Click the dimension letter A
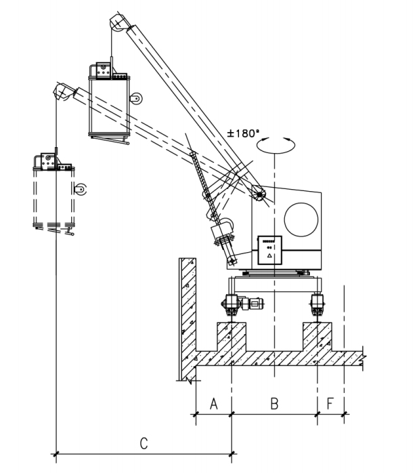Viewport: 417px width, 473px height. pyautogui.click(x=214, y=404)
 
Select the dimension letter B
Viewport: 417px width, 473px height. pyautogui.click(x=274, y=404)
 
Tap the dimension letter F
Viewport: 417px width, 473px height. pyautogui.click(x=330, y=404)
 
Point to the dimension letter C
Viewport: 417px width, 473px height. pyautogui.click(x=144, y=443)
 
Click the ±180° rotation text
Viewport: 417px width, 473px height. pyautogui.click(x=243, y=133)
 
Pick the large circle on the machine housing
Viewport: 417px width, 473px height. pyautogui.click(x=301, y=220)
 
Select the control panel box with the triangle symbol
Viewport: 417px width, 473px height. pyautogui.click(x=269, y=250)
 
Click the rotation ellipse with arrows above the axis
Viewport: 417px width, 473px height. pyautogui.click(x=276, y=146)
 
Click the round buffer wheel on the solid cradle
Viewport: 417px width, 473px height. pyautogui.click(x=137, y=99)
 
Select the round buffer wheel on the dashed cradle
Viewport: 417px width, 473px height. pyautogui.click(x=81, y=189)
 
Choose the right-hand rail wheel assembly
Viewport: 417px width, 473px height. pyautogui.click(x=317, y=304)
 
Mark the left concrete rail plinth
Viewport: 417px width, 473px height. pyautogui.click(x=232, y=337)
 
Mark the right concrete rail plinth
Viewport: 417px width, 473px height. pyautogui.click(x=317, y=337)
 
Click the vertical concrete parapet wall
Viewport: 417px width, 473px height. pyautogui.click(x=188, y=318)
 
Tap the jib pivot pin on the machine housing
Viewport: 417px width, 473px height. pyautogui.click(x=259, y=194)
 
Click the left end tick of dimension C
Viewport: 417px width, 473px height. pyautogui.click(x=56, y=453)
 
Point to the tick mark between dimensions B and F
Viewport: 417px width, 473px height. pyautogui.click(x=317, y=414)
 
